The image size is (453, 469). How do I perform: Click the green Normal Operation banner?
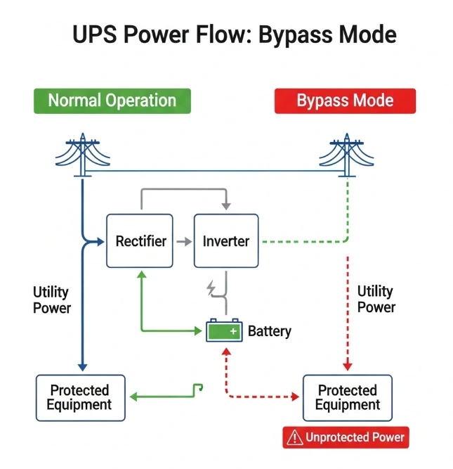(x=112, y=101)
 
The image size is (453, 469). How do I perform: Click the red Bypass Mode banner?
(x=345, y=101)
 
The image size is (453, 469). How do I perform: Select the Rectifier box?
(x=139, y=241)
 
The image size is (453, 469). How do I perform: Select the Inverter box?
(x=225, y=241)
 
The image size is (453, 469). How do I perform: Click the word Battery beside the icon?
(x=269, y=331)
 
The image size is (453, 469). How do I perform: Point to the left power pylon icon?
(x=83, y=154)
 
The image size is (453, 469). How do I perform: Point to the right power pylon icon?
(x=348, y=154)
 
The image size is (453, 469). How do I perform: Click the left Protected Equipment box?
(x=80, y=397)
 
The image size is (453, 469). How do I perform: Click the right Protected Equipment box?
(x=348, y=397)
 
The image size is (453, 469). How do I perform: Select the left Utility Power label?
(x=52, y=299)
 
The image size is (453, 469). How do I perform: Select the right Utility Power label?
(x=376, y=299)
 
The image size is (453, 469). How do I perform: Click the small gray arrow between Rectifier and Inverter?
(x=183, y=241)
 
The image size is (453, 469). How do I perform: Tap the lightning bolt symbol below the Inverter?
(x=210, y=288)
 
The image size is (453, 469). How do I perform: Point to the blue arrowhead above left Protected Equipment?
(x=83, y=366)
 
